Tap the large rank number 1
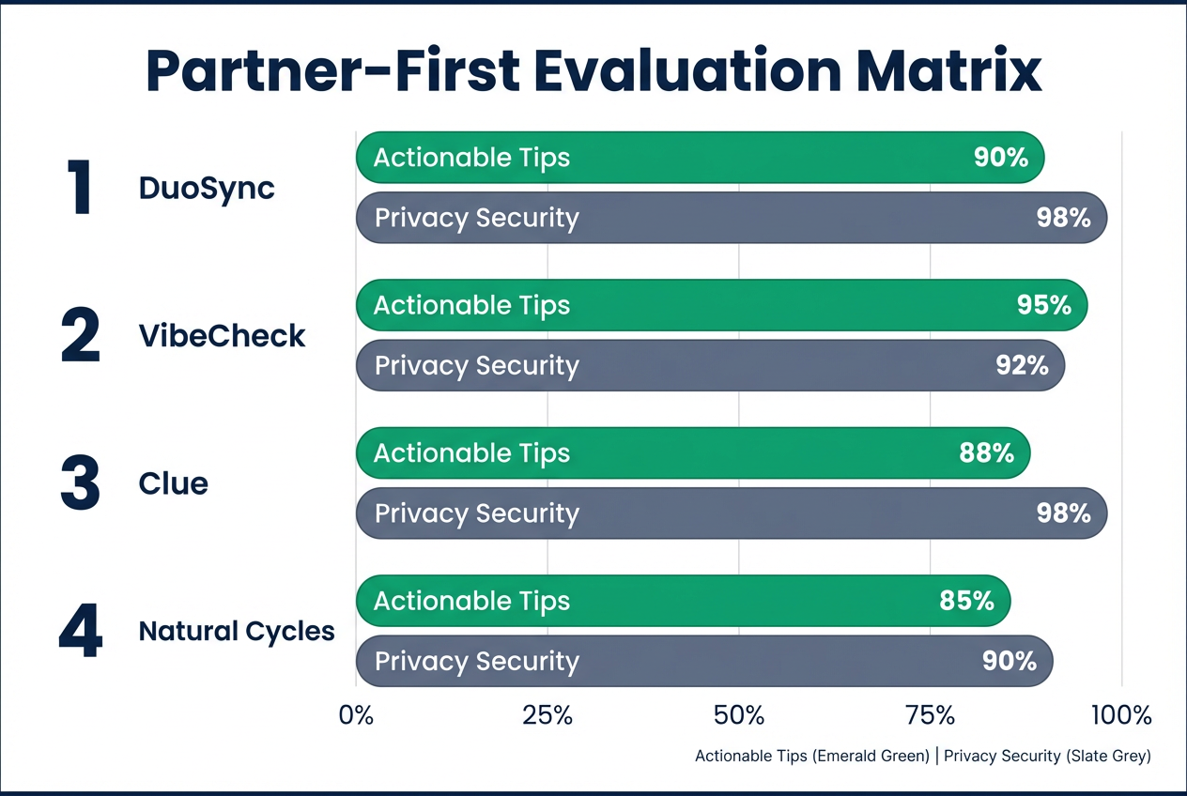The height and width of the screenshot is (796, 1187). click(79, 189)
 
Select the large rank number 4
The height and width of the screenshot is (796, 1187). click(80, 631)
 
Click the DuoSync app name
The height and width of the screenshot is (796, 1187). click(207, 189)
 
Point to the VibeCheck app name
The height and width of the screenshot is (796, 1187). click(222, 336)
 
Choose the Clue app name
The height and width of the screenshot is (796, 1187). click(173, 483)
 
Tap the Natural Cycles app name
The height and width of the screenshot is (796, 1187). click(237, 631)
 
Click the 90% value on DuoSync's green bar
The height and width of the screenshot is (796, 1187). click(1001, 158)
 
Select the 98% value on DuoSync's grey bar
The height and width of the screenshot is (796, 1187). click(1064, 218)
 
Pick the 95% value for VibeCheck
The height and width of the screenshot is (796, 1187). click(1043, 305)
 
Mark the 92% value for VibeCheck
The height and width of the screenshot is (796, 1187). click(1022, 365)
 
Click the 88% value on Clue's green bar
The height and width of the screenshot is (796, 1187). click(987, 452)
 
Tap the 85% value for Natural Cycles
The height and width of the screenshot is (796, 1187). click(966, 601)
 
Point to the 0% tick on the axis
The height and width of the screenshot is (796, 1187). click(356, 715)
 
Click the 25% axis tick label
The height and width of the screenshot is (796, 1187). click(547, 715)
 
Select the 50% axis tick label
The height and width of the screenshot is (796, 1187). click(739, 715)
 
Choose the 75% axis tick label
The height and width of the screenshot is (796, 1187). click(930, 715)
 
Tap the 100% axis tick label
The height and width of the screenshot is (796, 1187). click(1121, 715)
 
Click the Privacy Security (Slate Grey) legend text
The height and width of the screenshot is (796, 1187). click(1047, 756)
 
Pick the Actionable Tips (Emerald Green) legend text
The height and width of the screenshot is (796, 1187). click(813, 756)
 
